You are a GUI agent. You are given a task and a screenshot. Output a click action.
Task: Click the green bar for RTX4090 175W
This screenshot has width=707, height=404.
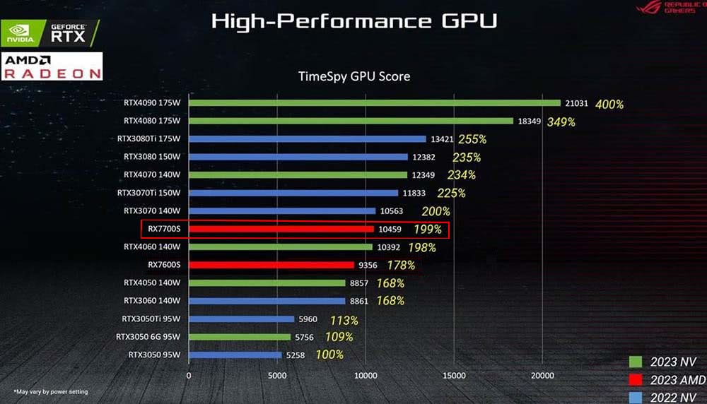point(375,103)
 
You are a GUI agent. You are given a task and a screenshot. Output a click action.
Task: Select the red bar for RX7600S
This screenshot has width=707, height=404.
point(271,265)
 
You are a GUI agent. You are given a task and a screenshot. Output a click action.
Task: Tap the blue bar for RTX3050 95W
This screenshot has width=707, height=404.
point(235,355)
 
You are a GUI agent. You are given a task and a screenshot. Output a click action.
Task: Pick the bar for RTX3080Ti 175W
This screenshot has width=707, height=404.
point(308,139)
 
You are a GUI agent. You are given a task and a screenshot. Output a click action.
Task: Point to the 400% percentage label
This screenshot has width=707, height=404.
point(609,105)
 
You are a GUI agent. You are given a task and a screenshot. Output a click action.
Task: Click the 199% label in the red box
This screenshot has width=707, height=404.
point(428,229)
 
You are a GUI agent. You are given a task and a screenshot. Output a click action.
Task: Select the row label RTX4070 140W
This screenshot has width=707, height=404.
point(152,174)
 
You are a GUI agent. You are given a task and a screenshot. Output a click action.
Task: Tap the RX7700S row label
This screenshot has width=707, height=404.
point(164,229)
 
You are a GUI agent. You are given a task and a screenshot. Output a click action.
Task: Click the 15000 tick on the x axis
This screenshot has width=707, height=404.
point(454,376)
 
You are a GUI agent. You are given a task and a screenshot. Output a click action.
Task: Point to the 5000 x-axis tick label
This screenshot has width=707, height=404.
point(277,376)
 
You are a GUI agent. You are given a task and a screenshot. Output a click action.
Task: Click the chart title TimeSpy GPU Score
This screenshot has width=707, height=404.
point(354,76)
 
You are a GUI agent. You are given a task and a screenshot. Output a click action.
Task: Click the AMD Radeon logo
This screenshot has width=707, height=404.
point(52,66)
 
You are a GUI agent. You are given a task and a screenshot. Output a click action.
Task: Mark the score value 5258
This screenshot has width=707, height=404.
point(296,355)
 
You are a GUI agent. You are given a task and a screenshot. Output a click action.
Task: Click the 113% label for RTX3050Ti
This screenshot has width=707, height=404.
point(344,320)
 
